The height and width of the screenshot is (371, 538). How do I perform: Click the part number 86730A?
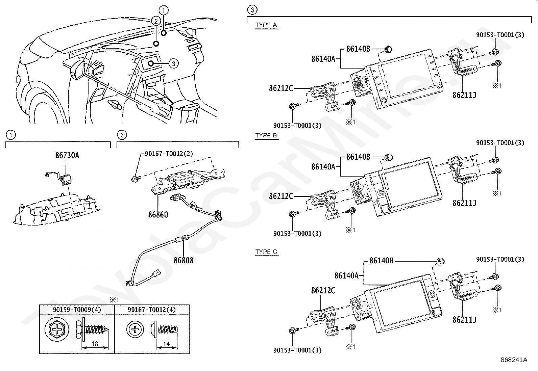pyautogui.click(x=67, y=156)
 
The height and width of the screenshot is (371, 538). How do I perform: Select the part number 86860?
pyautogui.click(x=158, y=214)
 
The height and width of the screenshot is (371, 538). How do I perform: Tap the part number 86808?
pyautogui.click(x=184, y=260)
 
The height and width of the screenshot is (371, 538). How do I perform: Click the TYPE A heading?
pyautogui.click(x=266, y=25)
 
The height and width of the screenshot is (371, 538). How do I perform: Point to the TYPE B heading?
pyautogui.click(x=266, y=135)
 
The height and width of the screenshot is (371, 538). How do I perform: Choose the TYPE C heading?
pyautogui.click(x=266, y=252)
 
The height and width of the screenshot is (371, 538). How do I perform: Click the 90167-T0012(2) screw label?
pyautogui.click(x=169, y=154)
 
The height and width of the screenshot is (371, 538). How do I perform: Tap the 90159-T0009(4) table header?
pyautogui.click(x=77, y=310)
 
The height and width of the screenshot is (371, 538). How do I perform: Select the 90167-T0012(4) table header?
pyautogui.click(x=152, y=310)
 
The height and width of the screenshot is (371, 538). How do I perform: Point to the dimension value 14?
pyautogui.click(x=167, y=344)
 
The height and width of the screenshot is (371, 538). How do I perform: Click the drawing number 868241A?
pyautogui.click(x=514, y=360)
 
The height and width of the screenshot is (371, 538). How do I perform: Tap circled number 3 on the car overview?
pyautogui.click(x=173, y=63)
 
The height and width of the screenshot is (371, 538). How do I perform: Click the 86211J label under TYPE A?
pyautogui.click(x=464, y=95)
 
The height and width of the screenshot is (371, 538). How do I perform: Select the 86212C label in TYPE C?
pyautogui.click(x=323, y=290)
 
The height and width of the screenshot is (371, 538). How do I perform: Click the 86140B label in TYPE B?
pyautogui.click(x=358, y=157)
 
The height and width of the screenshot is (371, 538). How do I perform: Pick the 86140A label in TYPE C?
pyautogui.click(x=346, y=275)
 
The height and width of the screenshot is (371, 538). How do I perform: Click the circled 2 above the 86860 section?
pyautogui.click(x=122, y=135)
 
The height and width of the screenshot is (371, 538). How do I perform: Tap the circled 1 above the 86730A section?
pyautogui.click(x=11, y=135)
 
